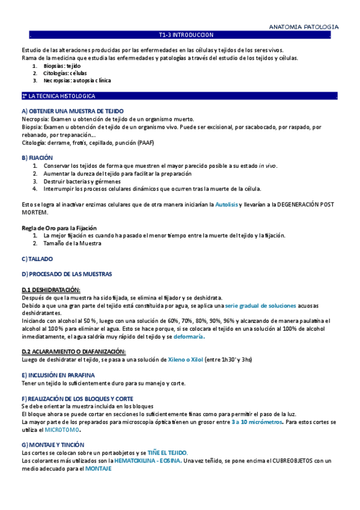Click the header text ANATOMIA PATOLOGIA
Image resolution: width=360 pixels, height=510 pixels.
pos(303,27)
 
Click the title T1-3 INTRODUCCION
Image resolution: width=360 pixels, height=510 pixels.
pos(181,35)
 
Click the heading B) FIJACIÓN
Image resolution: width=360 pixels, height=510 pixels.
pos(37,158)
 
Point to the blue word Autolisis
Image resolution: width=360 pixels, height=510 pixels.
pos(227,205)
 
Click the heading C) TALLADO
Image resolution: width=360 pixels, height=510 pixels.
pos(37,259)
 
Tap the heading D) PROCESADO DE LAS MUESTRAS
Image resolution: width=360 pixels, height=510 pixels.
pos(67,274)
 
